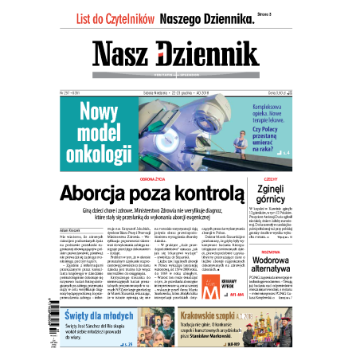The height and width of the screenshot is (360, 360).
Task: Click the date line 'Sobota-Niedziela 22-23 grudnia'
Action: (x=155, y=92)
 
